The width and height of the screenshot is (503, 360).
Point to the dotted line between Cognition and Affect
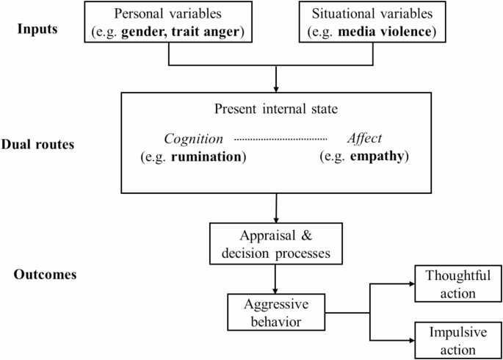281,138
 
